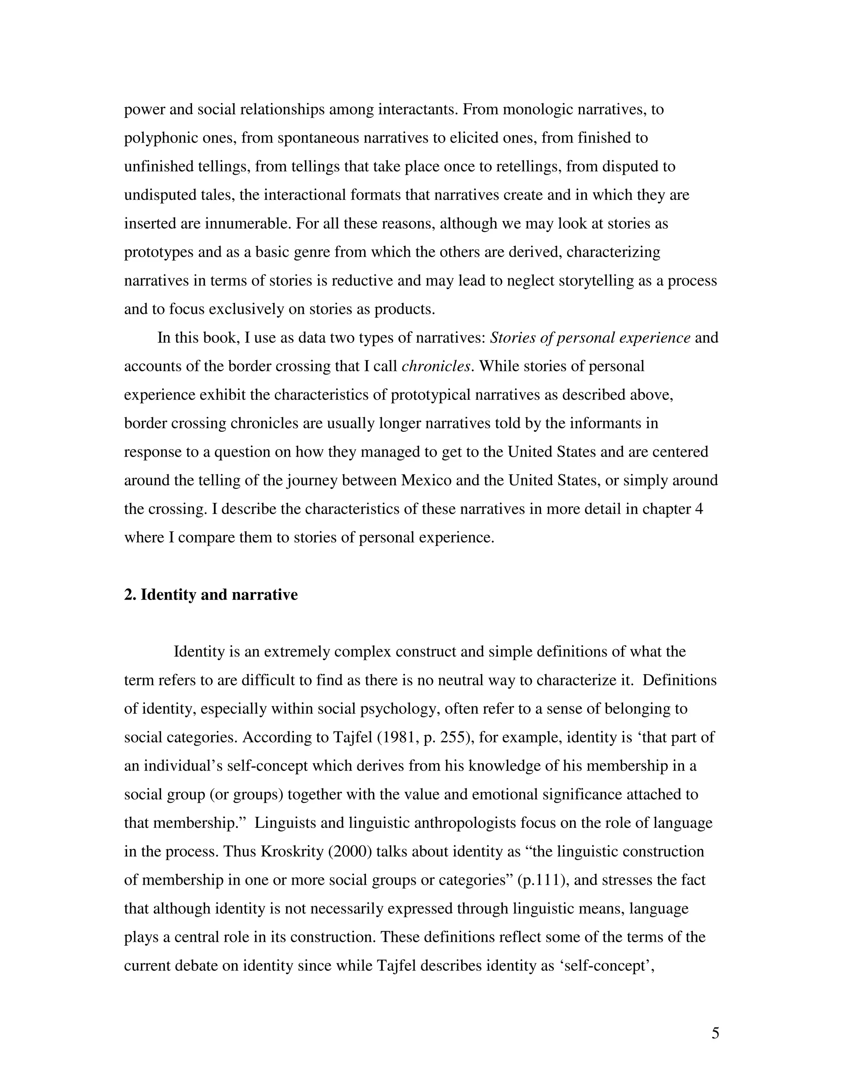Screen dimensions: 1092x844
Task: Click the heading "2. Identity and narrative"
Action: click(211, 595)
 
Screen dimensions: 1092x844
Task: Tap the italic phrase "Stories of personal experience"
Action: click(590, 338)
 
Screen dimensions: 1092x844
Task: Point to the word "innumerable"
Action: click(248, 223)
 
